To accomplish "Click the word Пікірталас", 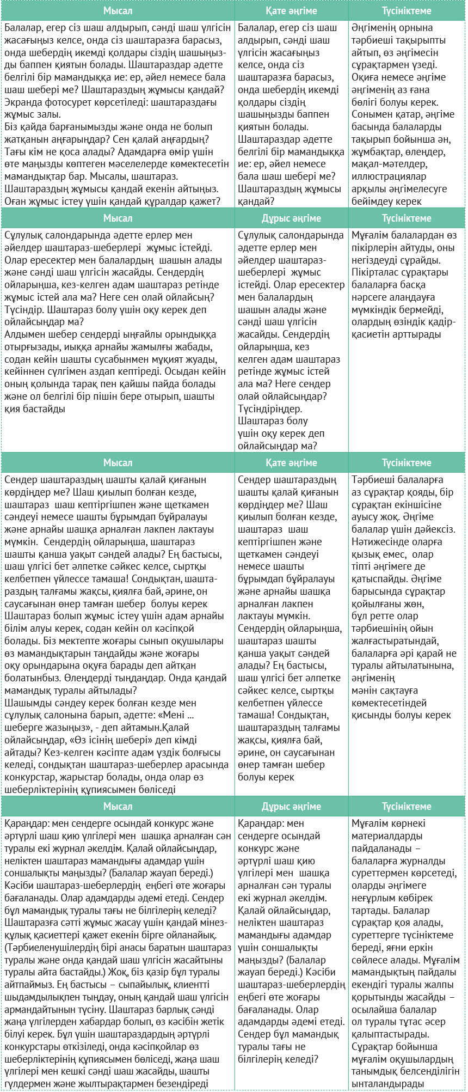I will coord(377,272).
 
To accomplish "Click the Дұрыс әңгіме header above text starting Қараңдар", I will coord(291,807).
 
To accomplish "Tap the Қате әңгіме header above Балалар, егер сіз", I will coord(291,11).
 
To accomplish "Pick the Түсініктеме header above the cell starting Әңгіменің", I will coord(407,11).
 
